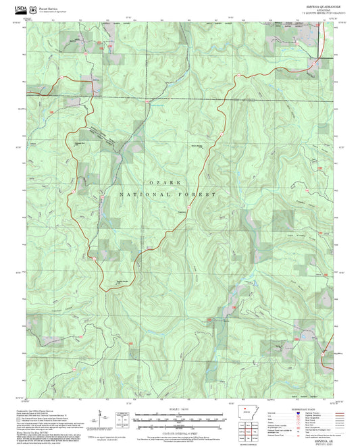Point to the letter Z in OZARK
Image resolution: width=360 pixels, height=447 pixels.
155,183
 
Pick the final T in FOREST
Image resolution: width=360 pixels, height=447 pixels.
215,194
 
